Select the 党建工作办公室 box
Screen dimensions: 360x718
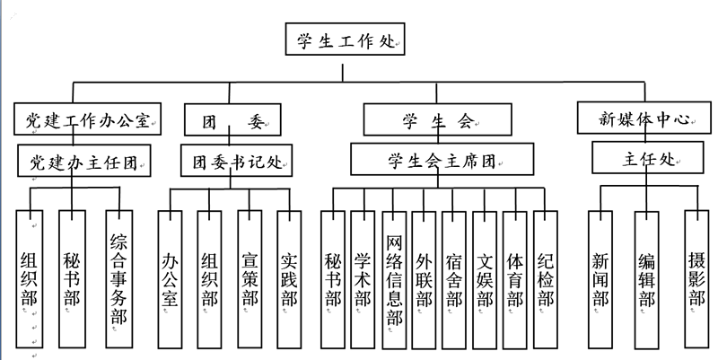[87, 118]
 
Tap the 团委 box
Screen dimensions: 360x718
[231, 118]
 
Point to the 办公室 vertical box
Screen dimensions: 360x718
[170, 277]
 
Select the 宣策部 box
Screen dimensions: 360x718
[250, 277]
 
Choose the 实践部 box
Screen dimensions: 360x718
[290, 277]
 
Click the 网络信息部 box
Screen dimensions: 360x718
[394, 277]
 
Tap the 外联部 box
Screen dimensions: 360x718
[425, 277]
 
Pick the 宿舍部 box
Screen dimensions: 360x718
[455, 277]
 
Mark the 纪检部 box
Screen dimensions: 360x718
[546, 277]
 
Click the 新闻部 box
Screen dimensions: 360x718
[601, 277]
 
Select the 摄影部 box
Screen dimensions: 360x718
[697, 277]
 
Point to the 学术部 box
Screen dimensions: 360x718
[363, 277]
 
